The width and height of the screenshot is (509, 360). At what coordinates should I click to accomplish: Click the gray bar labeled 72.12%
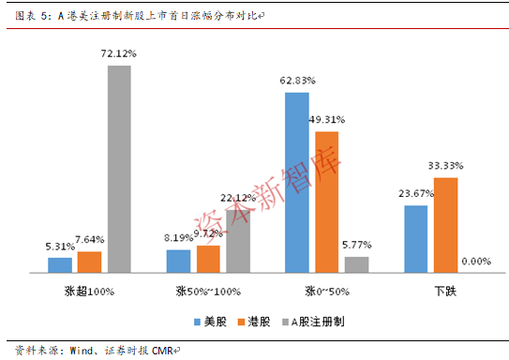coord(119,169)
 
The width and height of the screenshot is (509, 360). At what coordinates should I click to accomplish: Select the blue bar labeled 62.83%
coord(297,183)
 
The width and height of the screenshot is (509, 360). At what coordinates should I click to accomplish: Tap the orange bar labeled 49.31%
coord(327,202)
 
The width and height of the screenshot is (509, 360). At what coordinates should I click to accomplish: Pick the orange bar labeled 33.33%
coord(445,225)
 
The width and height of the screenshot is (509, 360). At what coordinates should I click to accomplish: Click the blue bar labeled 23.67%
coord(416,239)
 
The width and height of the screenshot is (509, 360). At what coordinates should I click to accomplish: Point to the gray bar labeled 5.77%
coord(357,265)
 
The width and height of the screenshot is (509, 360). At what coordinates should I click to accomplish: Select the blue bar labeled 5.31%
coord(60,265)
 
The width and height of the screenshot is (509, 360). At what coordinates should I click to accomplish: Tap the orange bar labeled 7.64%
coord(89,262)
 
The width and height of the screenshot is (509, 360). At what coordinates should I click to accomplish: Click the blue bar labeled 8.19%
coord(178,262)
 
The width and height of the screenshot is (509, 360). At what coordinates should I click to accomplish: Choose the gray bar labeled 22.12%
coord(238,242)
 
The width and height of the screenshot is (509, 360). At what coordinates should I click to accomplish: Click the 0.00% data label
coord(476,262)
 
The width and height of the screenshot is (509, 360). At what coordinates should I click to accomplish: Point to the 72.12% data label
coord(118,53)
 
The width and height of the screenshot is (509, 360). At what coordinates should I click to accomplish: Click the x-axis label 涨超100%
coord(89,292)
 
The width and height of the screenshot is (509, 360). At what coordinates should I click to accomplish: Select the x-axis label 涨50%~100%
coord(208,292)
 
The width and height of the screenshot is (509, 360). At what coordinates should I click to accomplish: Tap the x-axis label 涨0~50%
coord(327,292)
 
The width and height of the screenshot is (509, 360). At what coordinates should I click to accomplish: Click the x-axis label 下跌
coord(445,292)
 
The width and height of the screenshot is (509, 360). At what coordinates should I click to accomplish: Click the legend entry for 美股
coord(210,322)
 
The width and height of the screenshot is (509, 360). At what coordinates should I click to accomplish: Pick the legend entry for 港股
coord(254,322)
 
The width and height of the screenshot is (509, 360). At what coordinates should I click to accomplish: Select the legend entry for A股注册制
coord(313,322)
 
